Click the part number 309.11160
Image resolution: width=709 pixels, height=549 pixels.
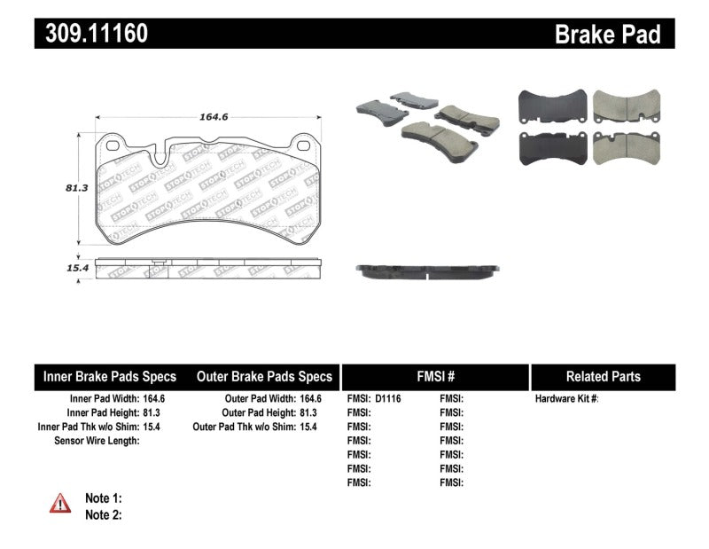pos(92,34)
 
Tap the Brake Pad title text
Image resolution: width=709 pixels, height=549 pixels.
pos(607,34)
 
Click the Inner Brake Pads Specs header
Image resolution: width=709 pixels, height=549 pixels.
pos(110,376)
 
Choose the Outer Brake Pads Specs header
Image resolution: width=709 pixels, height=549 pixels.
pos(264,376)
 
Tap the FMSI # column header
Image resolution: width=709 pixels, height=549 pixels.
pos(434,376)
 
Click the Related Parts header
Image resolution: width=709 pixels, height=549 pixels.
pos(604,376)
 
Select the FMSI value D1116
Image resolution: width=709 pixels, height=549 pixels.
pos(388,399)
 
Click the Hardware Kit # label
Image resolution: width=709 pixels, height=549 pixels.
pos(566,399)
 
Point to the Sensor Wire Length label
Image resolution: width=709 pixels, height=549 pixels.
pos(96,441)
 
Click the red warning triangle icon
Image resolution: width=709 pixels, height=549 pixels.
pos(60,504)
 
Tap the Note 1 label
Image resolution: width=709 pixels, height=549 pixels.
pos(103,498)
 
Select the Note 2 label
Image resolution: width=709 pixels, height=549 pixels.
pos(103,514)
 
